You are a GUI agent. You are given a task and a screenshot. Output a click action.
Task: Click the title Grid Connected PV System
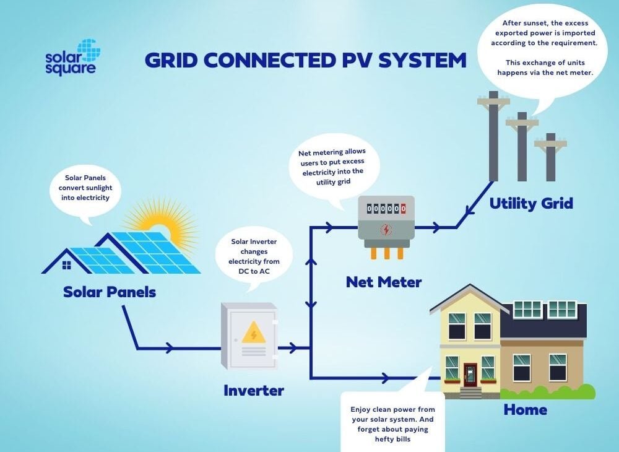coord(305,61)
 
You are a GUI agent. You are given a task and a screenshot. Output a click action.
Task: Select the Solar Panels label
coord(109,292)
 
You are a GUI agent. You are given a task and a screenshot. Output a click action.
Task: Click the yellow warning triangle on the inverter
coord(253,334)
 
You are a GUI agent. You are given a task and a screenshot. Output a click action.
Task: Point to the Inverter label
coord(253,391)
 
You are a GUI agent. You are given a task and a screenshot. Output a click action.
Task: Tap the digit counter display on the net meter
coord(386,209)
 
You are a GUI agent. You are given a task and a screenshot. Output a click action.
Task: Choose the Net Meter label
coord(384,282)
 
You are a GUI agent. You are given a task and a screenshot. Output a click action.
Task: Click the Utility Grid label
coord(530,203)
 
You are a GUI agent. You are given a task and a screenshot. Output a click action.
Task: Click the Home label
coord(525,410)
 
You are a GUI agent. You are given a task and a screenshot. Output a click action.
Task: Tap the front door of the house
coord(470,375)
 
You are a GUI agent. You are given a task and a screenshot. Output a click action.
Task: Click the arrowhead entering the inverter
coord(168,349)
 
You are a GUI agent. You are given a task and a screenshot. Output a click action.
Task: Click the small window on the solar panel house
coord(66,265)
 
